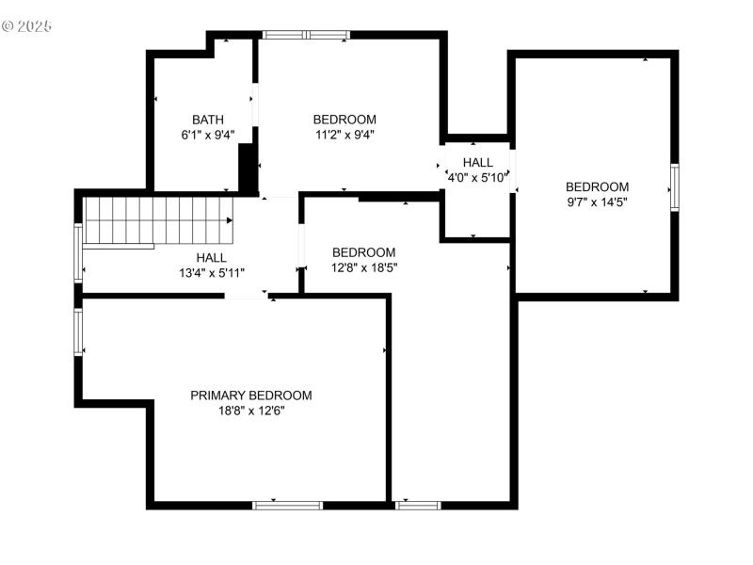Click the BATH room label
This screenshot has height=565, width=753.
[208, 120]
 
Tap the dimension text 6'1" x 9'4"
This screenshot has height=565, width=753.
[208, 135]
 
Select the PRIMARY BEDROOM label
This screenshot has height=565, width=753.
[251, 395]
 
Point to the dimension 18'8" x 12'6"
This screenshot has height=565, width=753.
[251, 411]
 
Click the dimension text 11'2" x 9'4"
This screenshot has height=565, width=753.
[344, 135]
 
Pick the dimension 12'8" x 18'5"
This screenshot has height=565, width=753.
[363, 267]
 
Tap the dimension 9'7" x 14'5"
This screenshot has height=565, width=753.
[597, 202]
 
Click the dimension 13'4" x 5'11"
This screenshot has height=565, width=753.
[211, 273]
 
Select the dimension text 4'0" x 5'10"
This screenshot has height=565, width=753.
[477, 176]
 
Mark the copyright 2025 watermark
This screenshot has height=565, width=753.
[27, 25]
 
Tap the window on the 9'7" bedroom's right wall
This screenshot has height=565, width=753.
[674, 186]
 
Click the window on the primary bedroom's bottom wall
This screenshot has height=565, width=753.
[288, 505]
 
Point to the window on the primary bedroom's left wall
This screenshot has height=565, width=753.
[79, 334]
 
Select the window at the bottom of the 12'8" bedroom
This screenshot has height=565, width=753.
[417, 505]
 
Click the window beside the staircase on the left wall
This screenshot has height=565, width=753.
[79, 252]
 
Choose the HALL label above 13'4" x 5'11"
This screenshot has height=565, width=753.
[211, 258]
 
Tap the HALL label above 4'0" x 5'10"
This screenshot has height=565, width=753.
[477, 162]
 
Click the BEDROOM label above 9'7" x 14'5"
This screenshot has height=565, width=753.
[597, 186]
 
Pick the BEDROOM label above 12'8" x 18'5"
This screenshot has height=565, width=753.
[363, 252]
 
